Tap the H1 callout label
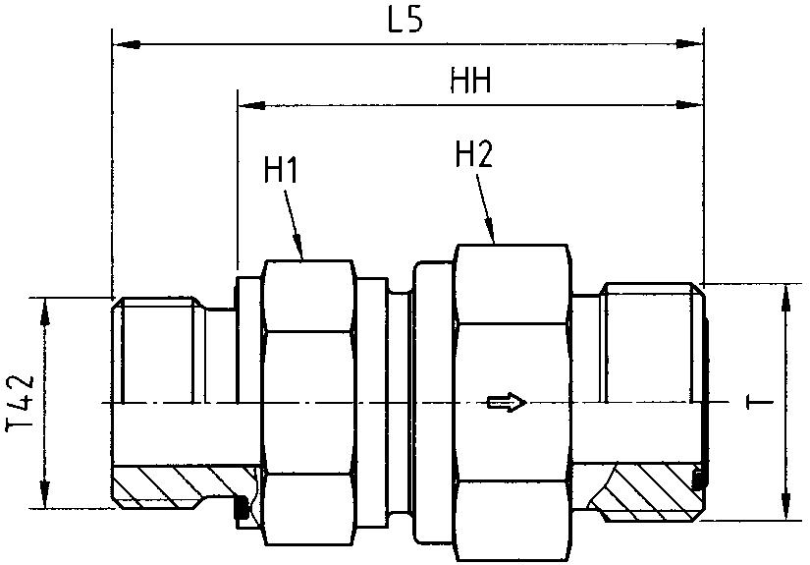(281, 170)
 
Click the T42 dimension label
(22, 404)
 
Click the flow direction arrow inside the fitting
(506, 402)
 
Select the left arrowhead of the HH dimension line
(248, 103)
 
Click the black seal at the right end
(698, 480)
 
